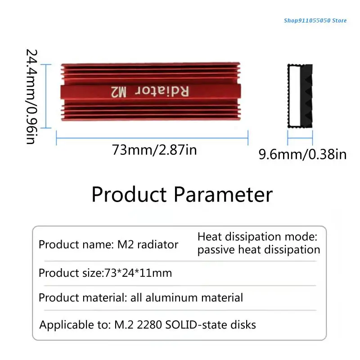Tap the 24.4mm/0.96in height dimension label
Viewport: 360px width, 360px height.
tap(30, 96)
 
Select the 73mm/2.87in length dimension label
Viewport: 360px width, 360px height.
tap(154, 150)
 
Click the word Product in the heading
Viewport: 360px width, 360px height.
tap(130, 195)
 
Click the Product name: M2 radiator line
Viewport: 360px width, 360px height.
tap(108, 245)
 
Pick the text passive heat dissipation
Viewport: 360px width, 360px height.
tap(259, 250)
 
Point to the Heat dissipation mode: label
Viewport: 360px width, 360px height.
tap(257, 237)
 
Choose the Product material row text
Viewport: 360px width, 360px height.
tap(141, 297)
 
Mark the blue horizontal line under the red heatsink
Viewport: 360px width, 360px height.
tap(152, 138)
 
